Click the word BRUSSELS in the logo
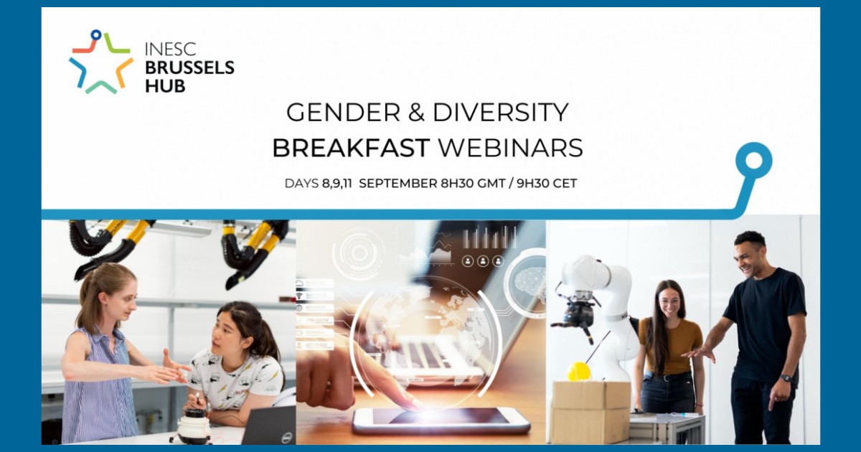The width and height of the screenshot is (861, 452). (x=189, y=67)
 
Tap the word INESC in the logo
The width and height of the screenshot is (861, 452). (x=170, y=49)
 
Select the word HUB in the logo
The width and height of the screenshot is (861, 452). (x=165, y=86)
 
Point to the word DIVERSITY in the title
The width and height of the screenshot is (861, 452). (x=501, y=112)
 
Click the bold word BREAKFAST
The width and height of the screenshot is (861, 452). (x=351, y=148)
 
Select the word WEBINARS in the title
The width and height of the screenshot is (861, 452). (x=511, y=148)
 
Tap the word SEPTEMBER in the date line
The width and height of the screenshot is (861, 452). (x=397, y=184)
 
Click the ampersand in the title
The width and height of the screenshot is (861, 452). (x=417, y=112)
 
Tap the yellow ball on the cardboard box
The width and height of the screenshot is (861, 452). (x=579, y=372)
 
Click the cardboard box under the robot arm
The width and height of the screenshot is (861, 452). (x=591, y=412)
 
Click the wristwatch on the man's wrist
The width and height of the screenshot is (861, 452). (x=786, y=378)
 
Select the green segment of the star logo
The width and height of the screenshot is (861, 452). (x=115, y=44)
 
